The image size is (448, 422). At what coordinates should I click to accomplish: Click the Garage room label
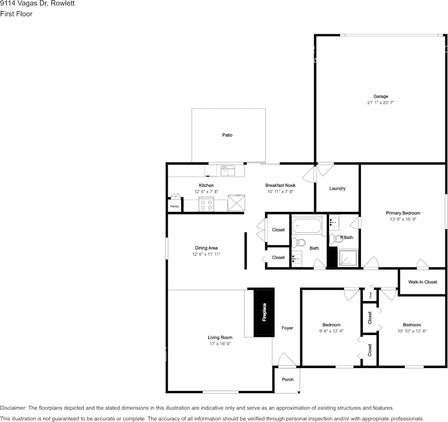click(x=381, y=96)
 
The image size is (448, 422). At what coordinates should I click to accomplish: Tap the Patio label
click(x=228, y=135)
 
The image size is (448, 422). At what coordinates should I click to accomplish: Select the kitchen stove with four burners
click(x=206, y=204)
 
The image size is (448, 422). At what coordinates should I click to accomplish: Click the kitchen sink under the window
click(x=228, y=171)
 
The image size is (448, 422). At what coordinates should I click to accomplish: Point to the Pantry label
click(x=174, y=206)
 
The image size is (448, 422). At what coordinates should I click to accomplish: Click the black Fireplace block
click(x=264, y=312)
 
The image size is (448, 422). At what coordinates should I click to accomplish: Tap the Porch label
click(x=288, y=380)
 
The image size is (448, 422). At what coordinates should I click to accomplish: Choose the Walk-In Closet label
click(x=423, y=282)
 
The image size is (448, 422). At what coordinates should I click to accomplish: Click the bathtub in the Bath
click(x=307, y=226)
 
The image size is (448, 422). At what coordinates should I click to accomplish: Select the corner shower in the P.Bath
click(x=348, y=258)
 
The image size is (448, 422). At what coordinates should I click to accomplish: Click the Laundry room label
click(x=337, y=189)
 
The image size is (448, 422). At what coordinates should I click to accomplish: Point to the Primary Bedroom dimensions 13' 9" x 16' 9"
click(x=403, y=219)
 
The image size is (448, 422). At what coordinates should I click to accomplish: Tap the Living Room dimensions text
click(x=220, y=344)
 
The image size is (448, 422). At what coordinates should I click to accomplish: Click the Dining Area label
click(x=206, y=248)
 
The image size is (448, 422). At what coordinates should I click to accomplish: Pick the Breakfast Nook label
click(x=281, y=186)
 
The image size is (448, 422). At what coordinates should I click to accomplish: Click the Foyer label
click(x=287, y=328)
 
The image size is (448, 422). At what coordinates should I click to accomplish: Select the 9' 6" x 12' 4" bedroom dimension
click(x=332, y=331)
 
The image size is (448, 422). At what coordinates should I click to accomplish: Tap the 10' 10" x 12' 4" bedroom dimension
click(x=412, y=331)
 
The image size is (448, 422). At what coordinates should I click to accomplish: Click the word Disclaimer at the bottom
click(x=13, y=408)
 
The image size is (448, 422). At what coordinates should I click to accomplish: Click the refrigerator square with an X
click(x=236, y=203)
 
